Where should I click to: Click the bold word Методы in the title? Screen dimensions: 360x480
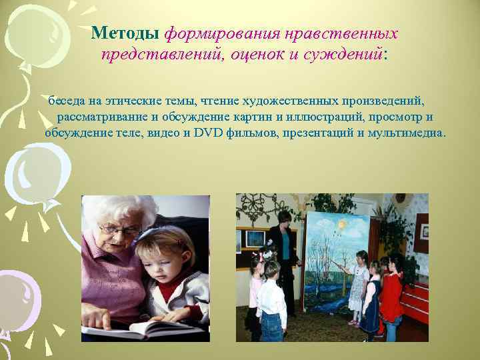click(x=125, y=33)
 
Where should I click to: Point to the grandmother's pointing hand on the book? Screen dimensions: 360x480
click(x=100, y=320)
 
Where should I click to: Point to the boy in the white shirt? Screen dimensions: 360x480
click(x=271, y=300)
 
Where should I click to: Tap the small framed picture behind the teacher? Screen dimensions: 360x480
click(x=254, y=239)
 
